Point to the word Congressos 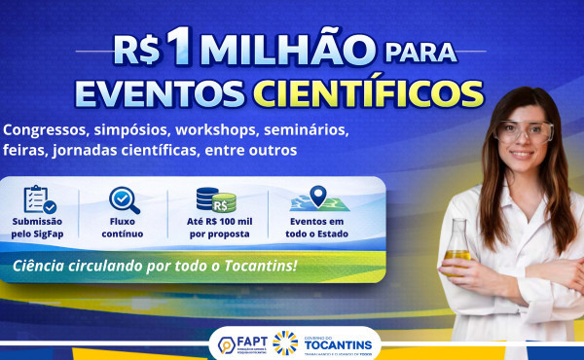click(x=48, y=129)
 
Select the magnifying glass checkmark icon click(x=124, y=200)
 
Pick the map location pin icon click(x=317, y=200)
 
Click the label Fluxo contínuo click(x=124, y=229)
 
